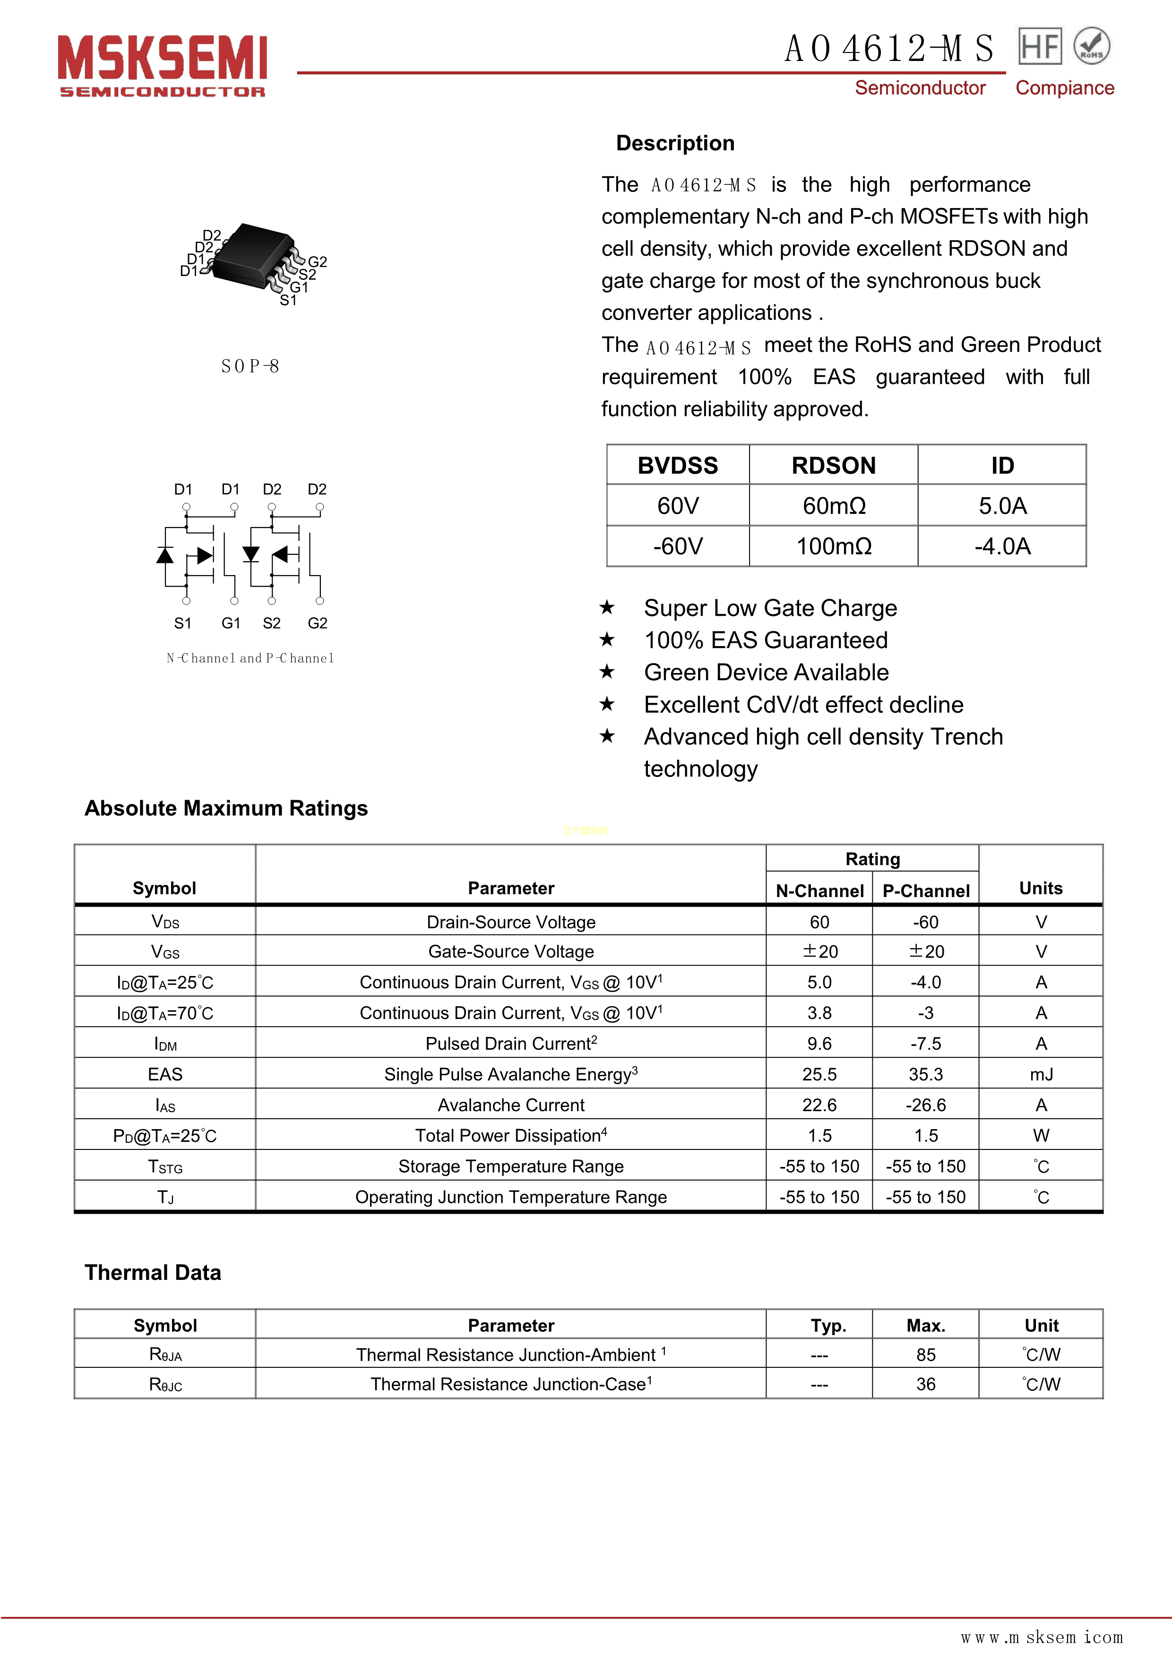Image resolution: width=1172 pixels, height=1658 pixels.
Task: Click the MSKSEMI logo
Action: click(163, 65)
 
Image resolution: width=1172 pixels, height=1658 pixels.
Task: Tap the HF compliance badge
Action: click(1039, 46)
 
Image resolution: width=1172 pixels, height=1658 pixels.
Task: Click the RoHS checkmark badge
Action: click(1091, 46)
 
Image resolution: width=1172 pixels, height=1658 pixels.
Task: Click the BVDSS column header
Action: click(677, 465)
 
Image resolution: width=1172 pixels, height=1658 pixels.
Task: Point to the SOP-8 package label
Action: click(250, 366)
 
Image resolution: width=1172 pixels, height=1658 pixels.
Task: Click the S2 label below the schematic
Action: click(272, 622)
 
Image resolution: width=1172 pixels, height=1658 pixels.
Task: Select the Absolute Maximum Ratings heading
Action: click(226, 808)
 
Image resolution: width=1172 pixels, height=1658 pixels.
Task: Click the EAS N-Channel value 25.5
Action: click(819, 1074)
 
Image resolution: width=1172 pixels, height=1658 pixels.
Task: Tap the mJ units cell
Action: click(1041, 1074)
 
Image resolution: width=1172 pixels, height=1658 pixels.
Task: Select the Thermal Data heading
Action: click(153, 1272)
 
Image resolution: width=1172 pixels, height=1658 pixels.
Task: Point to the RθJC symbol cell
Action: click(165, 1384)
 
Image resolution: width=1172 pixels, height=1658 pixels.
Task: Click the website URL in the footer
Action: click(1041, 1637)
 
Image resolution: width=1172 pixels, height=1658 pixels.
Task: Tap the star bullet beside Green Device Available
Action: click(607, 672)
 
